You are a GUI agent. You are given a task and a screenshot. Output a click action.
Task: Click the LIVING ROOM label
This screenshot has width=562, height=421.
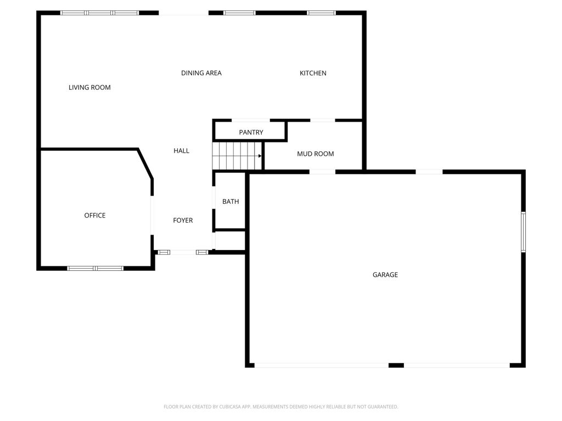89,87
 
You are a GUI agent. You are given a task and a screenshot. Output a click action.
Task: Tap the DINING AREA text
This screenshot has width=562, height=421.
201,73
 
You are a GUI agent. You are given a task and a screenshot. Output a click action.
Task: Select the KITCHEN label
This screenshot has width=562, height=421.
313,73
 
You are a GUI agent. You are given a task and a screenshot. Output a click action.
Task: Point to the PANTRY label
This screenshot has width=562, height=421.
251,132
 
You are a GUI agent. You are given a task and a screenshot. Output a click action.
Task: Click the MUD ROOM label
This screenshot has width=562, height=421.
315,154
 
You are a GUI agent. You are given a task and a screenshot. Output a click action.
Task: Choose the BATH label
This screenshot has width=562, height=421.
231,202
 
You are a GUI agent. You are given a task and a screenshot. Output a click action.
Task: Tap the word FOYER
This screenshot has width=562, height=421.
183,220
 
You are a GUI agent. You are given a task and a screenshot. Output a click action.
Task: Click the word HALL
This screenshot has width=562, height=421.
181,151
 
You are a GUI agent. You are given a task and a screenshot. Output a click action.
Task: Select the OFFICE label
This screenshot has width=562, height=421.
94,215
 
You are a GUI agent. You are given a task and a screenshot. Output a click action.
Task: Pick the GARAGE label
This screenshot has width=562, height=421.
385,275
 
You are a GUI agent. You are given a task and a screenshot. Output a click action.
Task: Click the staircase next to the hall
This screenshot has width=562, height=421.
236,156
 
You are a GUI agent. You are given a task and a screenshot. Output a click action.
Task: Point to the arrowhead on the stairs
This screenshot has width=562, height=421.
260,156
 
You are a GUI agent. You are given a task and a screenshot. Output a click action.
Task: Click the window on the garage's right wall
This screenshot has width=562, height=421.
523,232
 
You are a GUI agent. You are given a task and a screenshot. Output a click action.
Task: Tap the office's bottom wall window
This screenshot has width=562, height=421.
95,268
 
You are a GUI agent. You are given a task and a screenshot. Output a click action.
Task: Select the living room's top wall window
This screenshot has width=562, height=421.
99,13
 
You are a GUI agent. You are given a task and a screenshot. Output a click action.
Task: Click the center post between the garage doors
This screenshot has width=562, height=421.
396,365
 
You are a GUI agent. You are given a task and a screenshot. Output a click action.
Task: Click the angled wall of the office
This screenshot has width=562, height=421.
145,163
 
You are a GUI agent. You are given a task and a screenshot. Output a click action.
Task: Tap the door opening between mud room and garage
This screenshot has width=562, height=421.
322,172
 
